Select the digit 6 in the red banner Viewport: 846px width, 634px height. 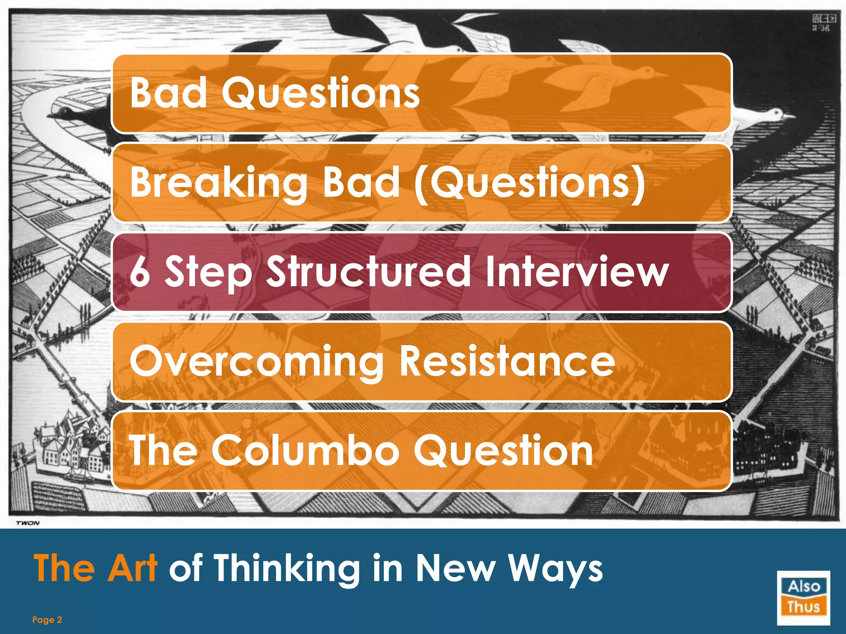(x=140, y=271)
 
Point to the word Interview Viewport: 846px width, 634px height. (x=577, y=271)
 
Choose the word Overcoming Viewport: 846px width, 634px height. (x=257, y=361)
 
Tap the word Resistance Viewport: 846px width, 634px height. (x=508, y=360)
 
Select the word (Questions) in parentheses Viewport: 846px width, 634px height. (x=529, y=182)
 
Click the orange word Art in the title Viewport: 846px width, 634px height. (x=132, y=568)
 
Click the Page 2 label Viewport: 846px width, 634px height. (x=47, y=620)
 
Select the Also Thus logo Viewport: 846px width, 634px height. (x=803, y=597)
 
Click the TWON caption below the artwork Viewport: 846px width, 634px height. (x=28, y=523)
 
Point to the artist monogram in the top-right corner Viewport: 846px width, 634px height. (x=824, y=23)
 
